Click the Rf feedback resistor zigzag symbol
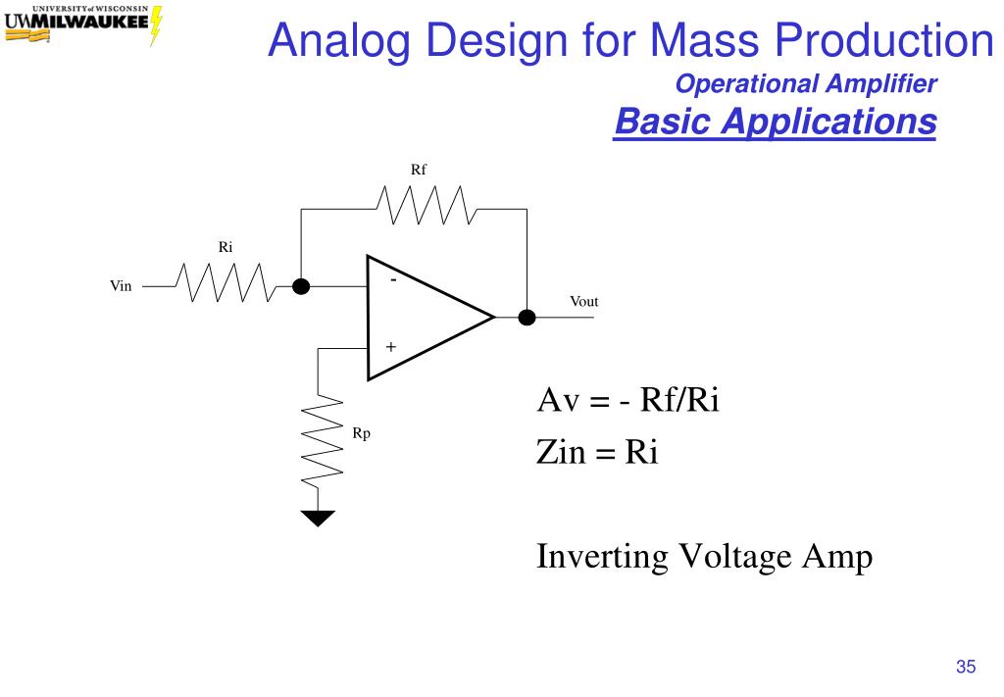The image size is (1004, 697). [x=426, y=205]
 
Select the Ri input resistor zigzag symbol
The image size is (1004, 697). [x=226, y=282]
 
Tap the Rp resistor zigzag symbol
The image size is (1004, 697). [x=322, y=440]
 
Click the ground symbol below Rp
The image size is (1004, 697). [x=318, y=519]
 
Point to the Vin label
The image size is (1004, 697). [x=121, y=286]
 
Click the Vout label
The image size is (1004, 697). [x=584, y=302]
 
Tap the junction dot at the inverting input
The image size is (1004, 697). [x=301, y=286]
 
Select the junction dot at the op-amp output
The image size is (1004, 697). [x=527, y=317]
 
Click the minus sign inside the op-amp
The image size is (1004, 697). [x=393, y=279]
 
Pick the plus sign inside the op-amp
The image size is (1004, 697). [x=390, y=347]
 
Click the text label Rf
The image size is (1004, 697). [x=418, y=170]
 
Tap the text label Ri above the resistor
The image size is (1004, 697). [x=226, y=247]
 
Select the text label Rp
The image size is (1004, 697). [x=361, y=433]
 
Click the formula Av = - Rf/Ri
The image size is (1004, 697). [x=628, y=399]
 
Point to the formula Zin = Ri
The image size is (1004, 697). [x=597, y=451]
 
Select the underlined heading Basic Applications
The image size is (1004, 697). [x=776, y=121]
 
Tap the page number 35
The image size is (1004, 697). [x=966, y=667]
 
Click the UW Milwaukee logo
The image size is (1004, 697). [x=83, y=25]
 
